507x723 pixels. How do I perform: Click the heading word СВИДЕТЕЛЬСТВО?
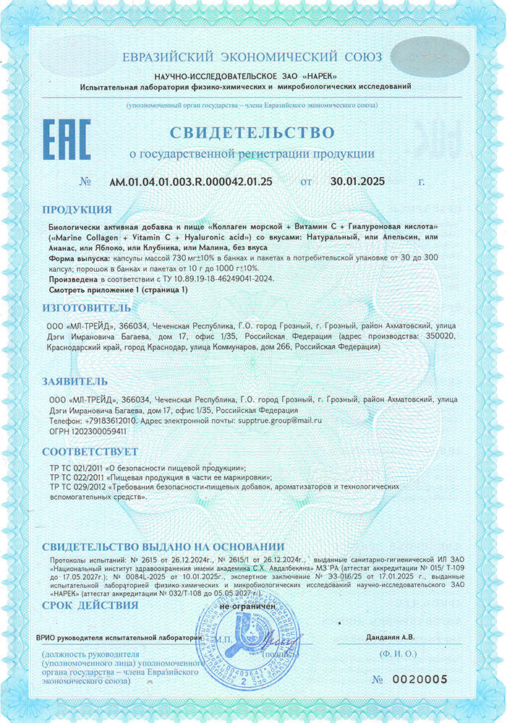click(252, 132)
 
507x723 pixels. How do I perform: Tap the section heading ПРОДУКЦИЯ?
click(77, 210)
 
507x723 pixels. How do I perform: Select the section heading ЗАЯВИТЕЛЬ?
click(74, 380)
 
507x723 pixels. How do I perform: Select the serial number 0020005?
click(421, 679)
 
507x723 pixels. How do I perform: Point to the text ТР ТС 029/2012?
click(76, 487)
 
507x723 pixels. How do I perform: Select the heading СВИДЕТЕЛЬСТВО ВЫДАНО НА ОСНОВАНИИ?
click(163, 547)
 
